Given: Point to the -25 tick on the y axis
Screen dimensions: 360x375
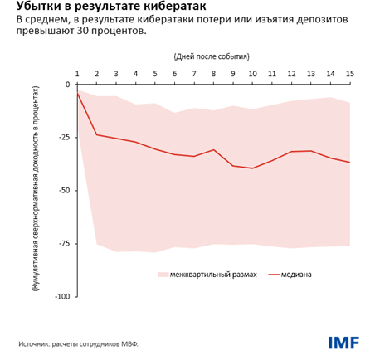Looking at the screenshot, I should tap(62, 138).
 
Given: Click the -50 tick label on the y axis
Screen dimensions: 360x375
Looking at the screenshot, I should tap(62, 191).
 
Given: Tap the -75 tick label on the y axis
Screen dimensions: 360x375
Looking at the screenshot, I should tap(62, 244).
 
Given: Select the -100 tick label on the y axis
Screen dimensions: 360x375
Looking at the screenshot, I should tap(61, 297).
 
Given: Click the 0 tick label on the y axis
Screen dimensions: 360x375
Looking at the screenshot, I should tap(67, 85).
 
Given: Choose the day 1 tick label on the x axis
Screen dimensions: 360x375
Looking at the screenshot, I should tap(77, 74).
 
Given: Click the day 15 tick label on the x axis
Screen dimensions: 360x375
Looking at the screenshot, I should tap(349, 74).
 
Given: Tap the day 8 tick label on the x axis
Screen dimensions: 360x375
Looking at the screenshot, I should tap(213, 74).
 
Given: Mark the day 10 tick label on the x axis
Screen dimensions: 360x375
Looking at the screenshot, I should tap(252, 74).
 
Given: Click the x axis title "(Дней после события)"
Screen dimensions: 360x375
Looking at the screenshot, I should tap(212, 56).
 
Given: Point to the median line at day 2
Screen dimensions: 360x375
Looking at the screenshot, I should tap(97, 134).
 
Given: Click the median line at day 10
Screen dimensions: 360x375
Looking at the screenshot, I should tap(252, 168).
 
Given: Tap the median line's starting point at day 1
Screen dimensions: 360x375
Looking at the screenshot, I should tap(77, 94).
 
